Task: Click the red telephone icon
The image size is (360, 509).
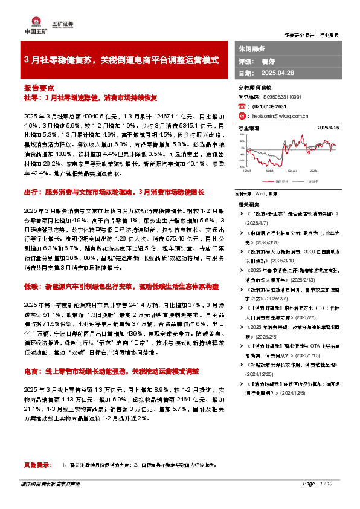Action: point(242,106)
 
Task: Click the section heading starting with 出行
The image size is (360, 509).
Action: point(115,191)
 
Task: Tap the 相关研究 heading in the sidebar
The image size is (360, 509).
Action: point(249,205)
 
